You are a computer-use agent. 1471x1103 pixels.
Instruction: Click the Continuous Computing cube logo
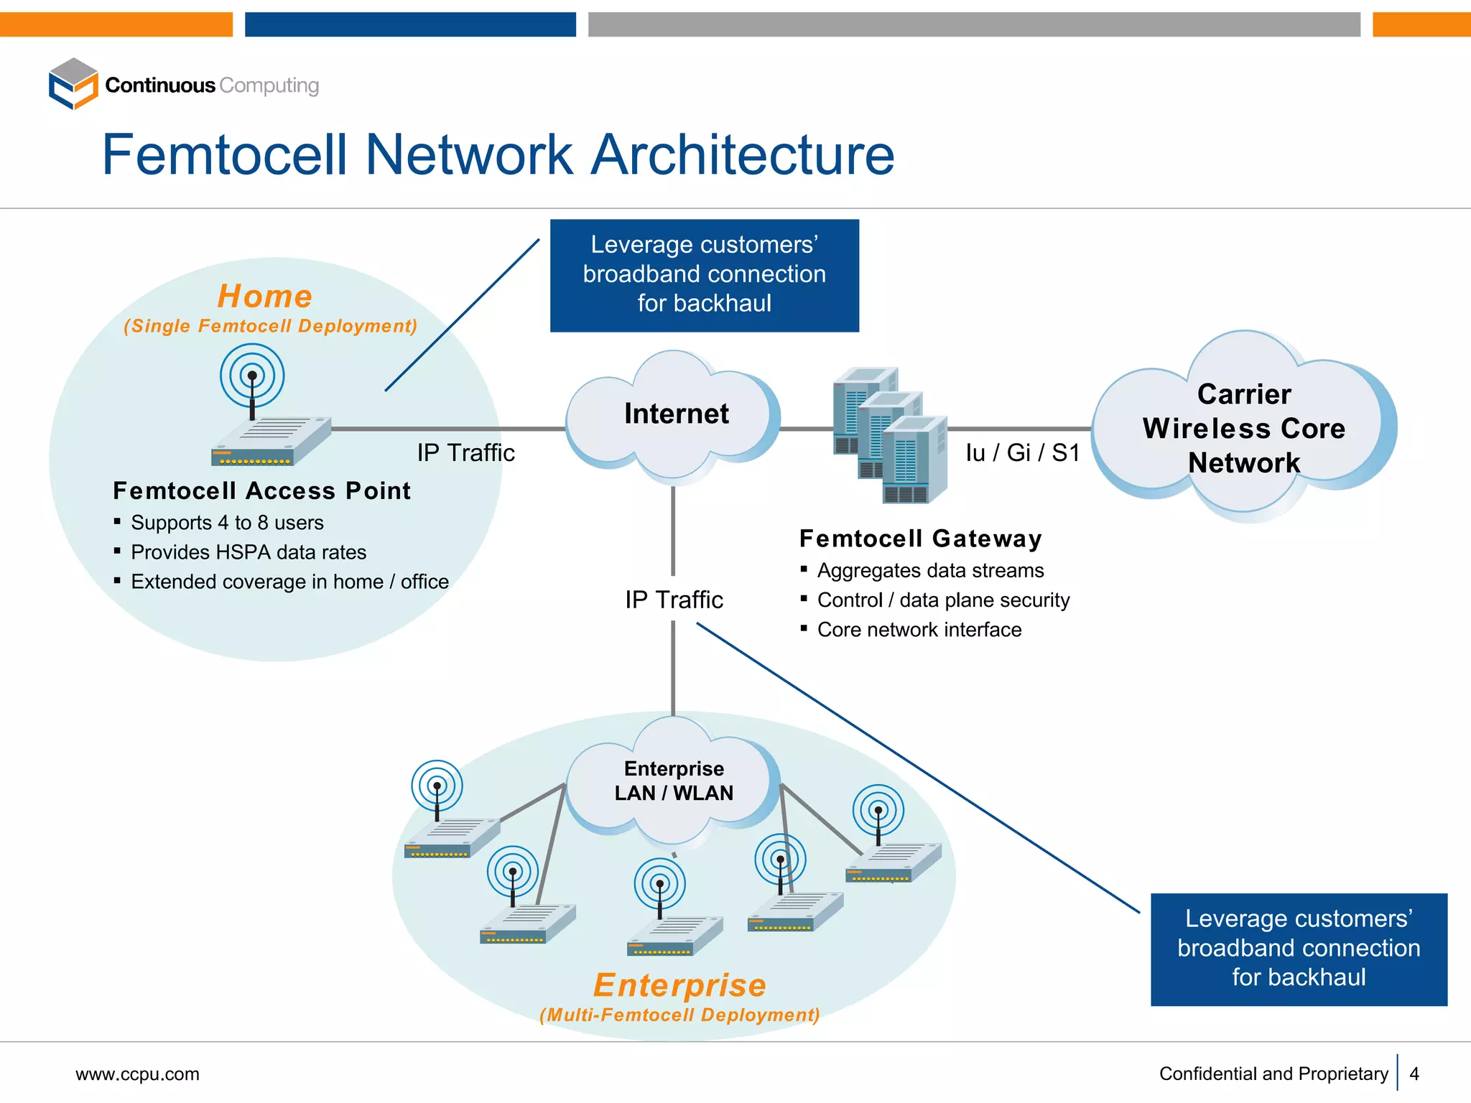(73, 84)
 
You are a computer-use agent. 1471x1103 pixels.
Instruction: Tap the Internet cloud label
(676, 414)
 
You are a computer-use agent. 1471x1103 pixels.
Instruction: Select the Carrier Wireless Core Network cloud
(1243, 428)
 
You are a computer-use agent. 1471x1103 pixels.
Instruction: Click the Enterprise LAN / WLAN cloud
(673, 781)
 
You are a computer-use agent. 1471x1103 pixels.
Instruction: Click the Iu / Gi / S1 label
(1022, 453)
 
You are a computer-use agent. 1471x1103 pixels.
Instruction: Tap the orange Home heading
(265, 296)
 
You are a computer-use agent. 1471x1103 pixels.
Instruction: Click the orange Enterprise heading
(679, 985)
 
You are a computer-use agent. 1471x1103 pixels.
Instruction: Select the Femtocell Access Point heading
(262, 491)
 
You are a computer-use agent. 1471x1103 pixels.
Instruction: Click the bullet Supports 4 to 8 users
(227, 523)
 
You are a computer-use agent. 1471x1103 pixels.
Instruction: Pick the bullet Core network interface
(919, 630)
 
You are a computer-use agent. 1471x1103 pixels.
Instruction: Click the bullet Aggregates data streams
(930, 571)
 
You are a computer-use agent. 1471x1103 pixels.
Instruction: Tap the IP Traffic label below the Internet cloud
(674, 600)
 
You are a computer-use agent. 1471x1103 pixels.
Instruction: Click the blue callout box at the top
(704, 276)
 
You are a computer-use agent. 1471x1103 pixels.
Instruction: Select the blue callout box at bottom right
(1298, 949)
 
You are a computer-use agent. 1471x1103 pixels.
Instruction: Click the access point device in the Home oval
(271, 439)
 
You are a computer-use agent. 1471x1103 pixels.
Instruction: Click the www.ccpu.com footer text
(137, 1074)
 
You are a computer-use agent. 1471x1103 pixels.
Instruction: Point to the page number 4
(1414, 1074)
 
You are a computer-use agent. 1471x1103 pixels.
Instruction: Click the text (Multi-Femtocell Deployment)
(679, 1015)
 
